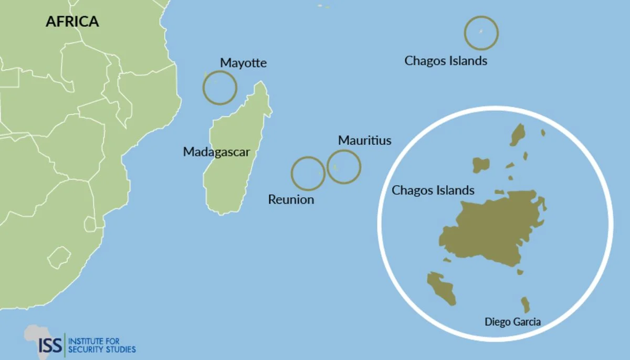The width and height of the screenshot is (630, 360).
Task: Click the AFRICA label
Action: [x=72, y=22]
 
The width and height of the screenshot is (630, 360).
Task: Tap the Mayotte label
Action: [x=243, y=63]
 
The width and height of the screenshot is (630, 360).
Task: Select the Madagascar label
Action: [x=216, y=152]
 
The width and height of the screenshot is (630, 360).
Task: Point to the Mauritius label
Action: [x=364, y=140]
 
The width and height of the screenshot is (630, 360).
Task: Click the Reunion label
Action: [x=291, y=199]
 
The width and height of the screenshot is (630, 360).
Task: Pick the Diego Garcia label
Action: [x=512, y=322]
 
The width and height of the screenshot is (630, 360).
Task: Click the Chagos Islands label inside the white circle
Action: [x=433, y=190]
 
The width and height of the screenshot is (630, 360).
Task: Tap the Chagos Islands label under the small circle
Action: [x=446, y=61]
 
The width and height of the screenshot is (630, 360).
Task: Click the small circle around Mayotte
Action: [x=220, y=88]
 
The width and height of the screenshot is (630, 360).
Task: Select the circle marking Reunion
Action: [x=308, y=173]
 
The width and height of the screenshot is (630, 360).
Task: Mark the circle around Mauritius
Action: [x=344, y=167]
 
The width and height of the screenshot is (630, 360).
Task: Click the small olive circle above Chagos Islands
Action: [x=481, y=33]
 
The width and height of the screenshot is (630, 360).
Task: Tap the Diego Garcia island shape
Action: [x=525, y=304]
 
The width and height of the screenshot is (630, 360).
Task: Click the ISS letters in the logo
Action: [x=51, y=345]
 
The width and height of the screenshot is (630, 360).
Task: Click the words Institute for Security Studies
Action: [x=102, y=345]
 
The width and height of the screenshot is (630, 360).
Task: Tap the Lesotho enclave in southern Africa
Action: [x=59, y=259]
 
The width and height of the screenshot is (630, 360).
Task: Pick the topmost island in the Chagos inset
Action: [x=518, y=134]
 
